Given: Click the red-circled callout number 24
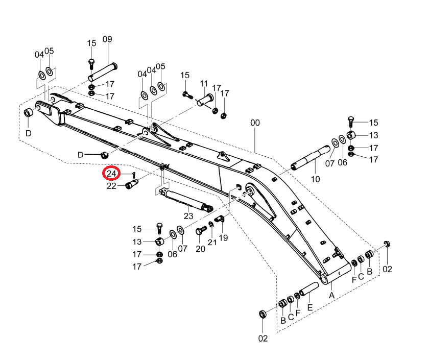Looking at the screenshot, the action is tap(111, 174).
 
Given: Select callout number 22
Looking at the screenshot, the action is tap(111, 186).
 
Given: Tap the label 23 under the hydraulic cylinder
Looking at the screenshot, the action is tap(188, 216).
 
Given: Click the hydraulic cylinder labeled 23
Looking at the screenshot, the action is tap(186, 201).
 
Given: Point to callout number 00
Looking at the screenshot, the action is tap(255, 123).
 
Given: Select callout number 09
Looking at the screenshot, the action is tap(107, 39).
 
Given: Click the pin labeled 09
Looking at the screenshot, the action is tap(103, 72).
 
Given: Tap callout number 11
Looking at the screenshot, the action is tap(204, 83).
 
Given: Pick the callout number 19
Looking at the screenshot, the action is tap(223, 237).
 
